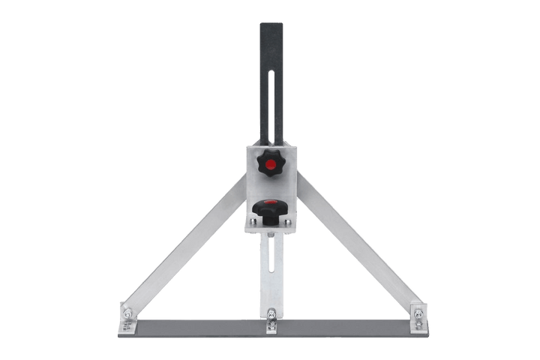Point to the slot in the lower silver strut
point(269,270)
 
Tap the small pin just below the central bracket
point(270,235)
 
